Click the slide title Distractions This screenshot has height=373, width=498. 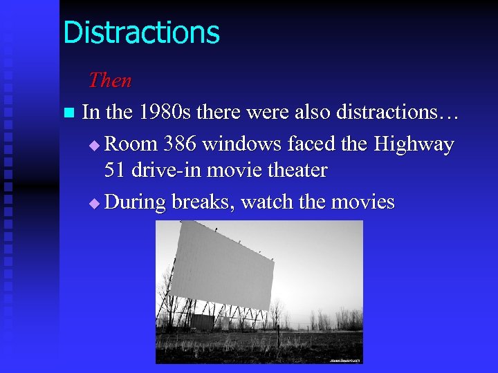(x=141, y=33)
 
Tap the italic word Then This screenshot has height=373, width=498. (x=109, y=81)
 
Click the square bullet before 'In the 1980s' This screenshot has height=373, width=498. (x=67, y=113)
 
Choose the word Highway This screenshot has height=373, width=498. (x=414, y=144)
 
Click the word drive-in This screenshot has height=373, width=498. (x=165, y=170)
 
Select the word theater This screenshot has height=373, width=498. (x=295, y=170)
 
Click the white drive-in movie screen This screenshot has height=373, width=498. (x=224, y=266)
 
